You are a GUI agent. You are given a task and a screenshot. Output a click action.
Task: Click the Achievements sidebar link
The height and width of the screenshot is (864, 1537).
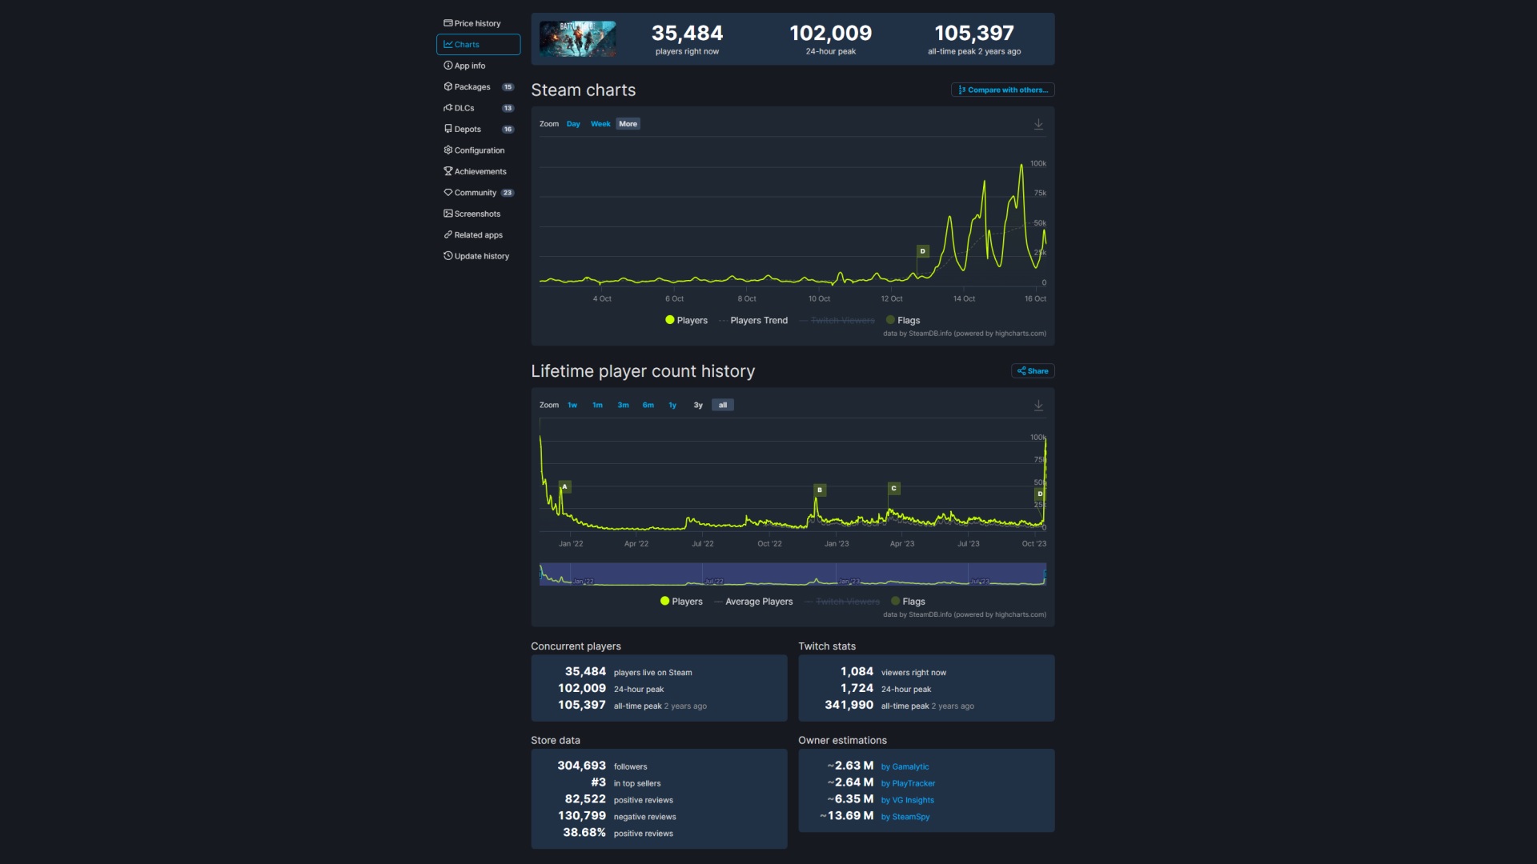[479, 171]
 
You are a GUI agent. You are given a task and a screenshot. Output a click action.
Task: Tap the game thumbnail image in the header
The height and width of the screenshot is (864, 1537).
[577, 38]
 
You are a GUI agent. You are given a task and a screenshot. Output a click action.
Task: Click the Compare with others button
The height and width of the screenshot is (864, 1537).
[1002, 90]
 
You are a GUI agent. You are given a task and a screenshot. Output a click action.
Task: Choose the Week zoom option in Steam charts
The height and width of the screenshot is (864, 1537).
[600, 124]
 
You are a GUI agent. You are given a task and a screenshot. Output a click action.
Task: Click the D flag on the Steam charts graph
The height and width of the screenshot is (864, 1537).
[922, 251]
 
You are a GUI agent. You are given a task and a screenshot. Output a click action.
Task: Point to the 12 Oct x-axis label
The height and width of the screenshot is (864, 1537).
[891, 298]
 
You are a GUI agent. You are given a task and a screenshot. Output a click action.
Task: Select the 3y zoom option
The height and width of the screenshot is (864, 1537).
[698, 405]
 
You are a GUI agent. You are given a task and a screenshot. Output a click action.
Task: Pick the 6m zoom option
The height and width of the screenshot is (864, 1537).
[648, 405]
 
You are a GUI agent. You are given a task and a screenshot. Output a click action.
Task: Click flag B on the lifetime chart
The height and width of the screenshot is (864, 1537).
[819, 490]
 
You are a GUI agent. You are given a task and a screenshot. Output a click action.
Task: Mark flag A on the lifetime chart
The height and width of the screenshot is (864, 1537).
[564, 486]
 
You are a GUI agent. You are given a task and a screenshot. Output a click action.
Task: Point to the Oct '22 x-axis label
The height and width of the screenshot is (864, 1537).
[769, 543]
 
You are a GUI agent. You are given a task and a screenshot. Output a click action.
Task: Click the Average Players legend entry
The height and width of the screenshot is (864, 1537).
[758, 602]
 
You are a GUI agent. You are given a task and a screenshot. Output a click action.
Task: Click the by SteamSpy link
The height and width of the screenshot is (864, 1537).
[910, 817]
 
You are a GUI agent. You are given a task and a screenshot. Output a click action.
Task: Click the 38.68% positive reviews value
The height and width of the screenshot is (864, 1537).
[584, 832]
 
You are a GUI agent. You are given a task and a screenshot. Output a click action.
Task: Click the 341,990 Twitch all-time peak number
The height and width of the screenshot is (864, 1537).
[849, 705]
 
